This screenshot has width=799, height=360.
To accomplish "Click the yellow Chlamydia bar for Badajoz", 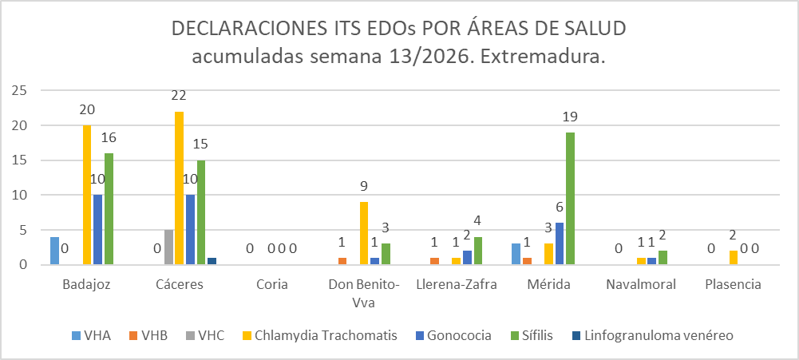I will click(87, 195).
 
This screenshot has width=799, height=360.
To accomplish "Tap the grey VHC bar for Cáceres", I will click(168, 247).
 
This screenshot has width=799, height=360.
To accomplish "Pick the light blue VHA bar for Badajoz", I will click(54, 251).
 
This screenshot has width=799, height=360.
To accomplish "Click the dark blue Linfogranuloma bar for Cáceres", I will click(212, 261).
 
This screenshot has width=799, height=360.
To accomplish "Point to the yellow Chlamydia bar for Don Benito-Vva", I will click(364, 233).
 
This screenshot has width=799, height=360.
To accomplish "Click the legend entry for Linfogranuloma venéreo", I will click(655, 335).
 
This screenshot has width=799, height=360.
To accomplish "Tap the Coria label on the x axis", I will click(272, 284).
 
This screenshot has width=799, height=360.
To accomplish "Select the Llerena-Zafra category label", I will click(457, 284).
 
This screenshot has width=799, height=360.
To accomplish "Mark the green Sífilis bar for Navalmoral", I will click(663, 257).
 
